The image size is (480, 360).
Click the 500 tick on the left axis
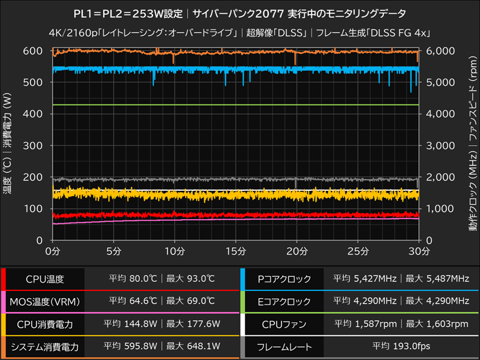35,82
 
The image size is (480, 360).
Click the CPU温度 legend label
44,278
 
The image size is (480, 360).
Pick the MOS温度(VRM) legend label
44,301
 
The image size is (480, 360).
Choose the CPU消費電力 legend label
44,323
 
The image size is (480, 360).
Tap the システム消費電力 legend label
44,346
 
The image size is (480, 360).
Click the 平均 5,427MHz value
365,278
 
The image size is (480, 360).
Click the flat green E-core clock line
240,105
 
